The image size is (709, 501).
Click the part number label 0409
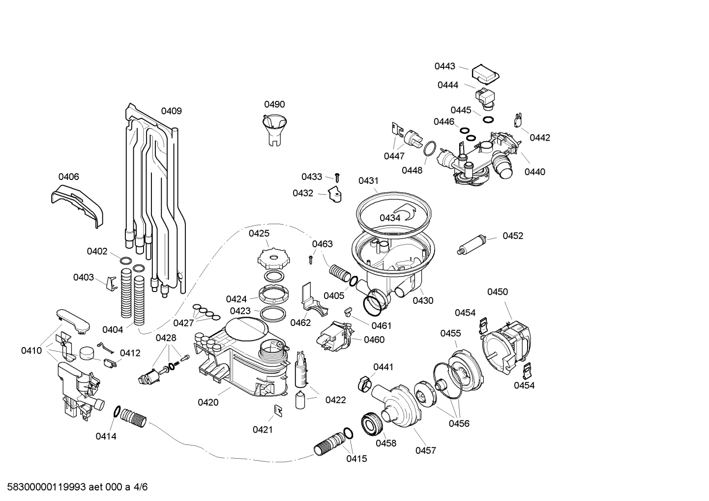(x=171, y=111)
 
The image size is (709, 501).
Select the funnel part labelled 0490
(x=274, y=129)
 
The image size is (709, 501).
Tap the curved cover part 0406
(x=79, y=204)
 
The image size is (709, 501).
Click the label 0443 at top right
(x=444, y=66)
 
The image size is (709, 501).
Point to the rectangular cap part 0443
(x=485, y=73)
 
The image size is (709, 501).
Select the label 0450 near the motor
(x=497, y=292)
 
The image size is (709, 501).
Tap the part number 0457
(x=425, y=450)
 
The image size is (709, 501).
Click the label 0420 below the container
(x=208, y=403)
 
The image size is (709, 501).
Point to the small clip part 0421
(x=277, y=411)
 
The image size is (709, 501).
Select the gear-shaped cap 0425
(x=271, y=257)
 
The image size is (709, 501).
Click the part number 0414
(x=106, y=436)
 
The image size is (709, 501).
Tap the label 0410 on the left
(x=31, y=351)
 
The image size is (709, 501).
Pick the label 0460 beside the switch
(x=374, y=340)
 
